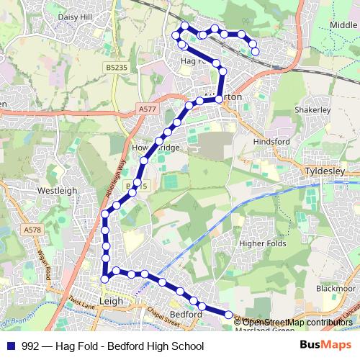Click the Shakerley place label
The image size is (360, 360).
tap(312, 109)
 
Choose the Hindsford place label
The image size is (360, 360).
tap(271, 141)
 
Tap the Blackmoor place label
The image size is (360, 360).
tap(335, 288)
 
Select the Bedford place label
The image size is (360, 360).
tap(186, 315)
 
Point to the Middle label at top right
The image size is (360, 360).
tap(343, 24)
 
